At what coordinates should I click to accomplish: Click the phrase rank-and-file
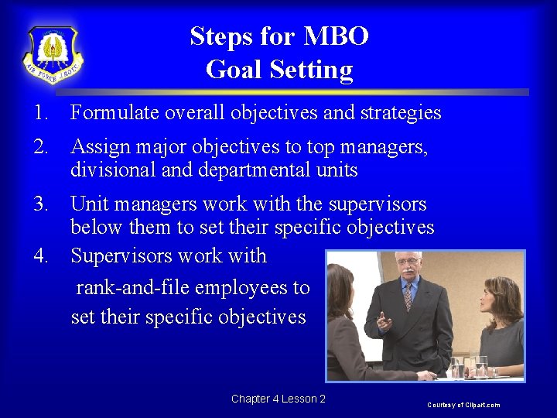(x=132, y=287)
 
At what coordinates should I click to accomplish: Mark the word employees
(x=241, y=287)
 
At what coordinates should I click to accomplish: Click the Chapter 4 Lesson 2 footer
(x=278, y=399)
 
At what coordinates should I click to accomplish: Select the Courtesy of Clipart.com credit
(x=464, y=405)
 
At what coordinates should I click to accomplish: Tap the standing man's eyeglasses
(x=408, y=262)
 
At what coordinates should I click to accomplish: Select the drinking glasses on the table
(x=469, y=365)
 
